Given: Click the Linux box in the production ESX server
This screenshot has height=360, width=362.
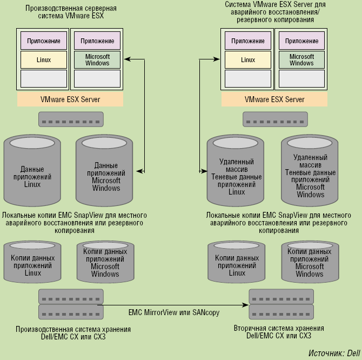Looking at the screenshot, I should pyautogui.click(x=44, y=60).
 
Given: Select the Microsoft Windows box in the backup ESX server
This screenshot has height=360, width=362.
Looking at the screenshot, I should pyautogui.click(x=301, y=60).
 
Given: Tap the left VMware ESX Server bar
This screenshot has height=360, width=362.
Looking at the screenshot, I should pyautogui.click(x=70, y=99).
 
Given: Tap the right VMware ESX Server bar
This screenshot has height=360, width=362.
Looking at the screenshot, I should pyautogui.click(x=274, y=99).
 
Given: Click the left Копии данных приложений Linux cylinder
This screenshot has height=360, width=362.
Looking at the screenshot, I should pyautogui.click(x=32, y=264).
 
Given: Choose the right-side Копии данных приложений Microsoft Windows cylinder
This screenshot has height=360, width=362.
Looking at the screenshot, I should pyautogui.click(x=310, y=264).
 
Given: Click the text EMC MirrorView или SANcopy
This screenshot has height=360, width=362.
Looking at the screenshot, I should pyautogui.click(x=174, y=312).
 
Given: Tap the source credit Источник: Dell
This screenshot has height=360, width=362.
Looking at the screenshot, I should pyautogui.click(x=334, y=353).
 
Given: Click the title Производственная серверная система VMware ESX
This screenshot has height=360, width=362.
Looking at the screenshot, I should pyautogui.click(x=70, y=12).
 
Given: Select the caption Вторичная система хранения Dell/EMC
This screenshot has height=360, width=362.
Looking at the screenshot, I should pyautogui.click(x=279, y=332).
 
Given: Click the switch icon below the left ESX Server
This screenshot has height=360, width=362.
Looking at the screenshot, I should pyautogui.click(x=70, y=119).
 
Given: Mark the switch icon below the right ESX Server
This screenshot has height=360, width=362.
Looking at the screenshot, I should pyautogui.click(x=274, y=119).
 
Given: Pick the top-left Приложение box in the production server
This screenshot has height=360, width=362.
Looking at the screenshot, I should pyautogui.click(x=44, y=41).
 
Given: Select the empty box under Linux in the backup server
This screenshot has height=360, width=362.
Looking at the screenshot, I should pyautogui.click(x=248, y=79).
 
